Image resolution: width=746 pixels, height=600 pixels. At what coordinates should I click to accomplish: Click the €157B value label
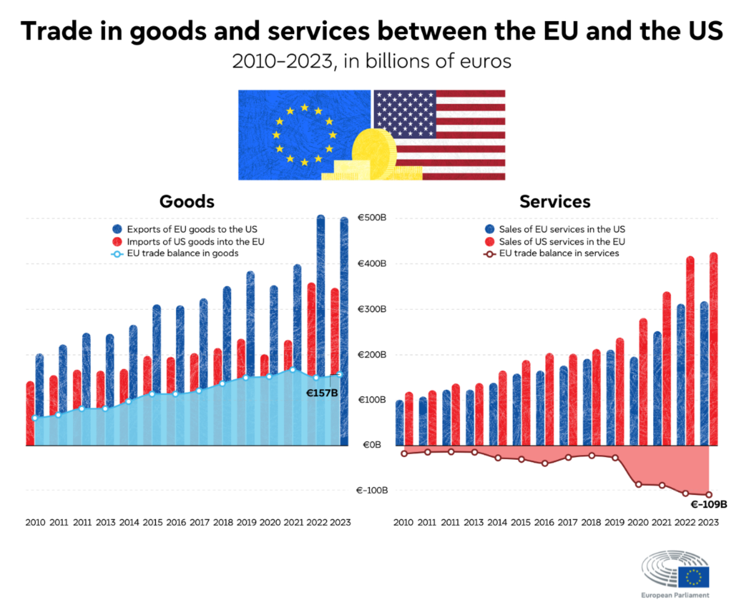(x=322, y=393)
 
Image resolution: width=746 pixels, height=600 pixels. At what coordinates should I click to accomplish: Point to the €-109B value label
(x=708, y=504)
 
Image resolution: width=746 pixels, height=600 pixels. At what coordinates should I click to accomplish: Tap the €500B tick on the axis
(x=372, y=217)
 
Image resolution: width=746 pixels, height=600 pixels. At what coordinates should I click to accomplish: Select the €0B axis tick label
(x=372, y=445)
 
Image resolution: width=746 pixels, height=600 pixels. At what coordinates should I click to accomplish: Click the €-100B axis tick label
(x=372, y=490)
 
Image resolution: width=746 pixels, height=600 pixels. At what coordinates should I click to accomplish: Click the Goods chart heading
(x=187, y=202)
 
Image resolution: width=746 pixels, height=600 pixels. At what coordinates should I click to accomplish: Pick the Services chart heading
(x=555, y=202)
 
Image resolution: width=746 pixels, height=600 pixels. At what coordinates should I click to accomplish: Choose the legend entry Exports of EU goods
(x=192, y=229)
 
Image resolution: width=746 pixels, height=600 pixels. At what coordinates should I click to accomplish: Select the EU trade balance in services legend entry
(x=559, y=253)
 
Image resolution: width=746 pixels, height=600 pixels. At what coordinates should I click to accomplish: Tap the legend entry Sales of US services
(x=562, y=241)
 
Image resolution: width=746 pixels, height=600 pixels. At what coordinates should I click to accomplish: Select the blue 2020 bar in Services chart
(x=634, y=402)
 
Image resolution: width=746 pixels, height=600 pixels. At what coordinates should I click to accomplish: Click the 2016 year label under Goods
(x=176, y=522)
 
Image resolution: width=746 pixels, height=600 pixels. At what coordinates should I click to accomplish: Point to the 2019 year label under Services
(x=614, y=522)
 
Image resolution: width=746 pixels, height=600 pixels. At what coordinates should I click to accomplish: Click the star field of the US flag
(x=405, y=114)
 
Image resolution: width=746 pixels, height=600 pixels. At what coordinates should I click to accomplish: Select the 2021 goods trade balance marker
(x=292, y=370)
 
